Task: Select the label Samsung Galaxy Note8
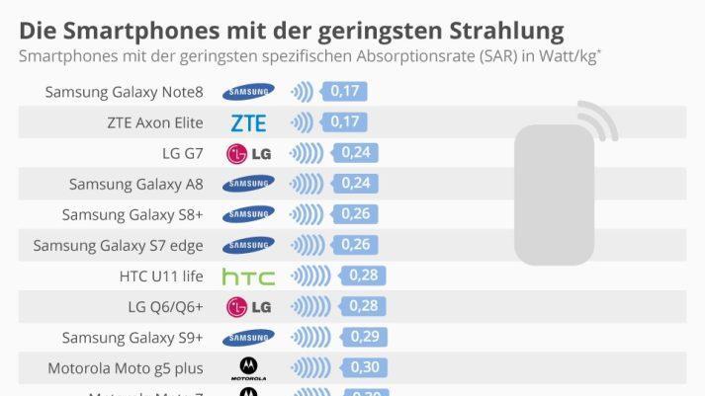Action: pos(124,92)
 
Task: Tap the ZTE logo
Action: pos(248,123)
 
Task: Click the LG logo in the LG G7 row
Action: pos(248,154)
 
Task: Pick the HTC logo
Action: pos(248,277)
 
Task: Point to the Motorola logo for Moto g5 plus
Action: pos(248,368)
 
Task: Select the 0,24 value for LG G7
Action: pos(356,153)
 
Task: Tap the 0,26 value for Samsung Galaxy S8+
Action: pos(356,214)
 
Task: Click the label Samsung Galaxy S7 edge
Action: pos(118,245)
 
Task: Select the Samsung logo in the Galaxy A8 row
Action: pos(248,184)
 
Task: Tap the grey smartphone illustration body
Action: pos(554,195)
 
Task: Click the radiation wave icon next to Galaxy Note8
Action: pos(302,92)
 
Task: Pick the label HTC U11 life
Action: pos(160,277)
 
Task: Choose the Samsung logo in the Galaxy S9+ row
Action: pos(248,338)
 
